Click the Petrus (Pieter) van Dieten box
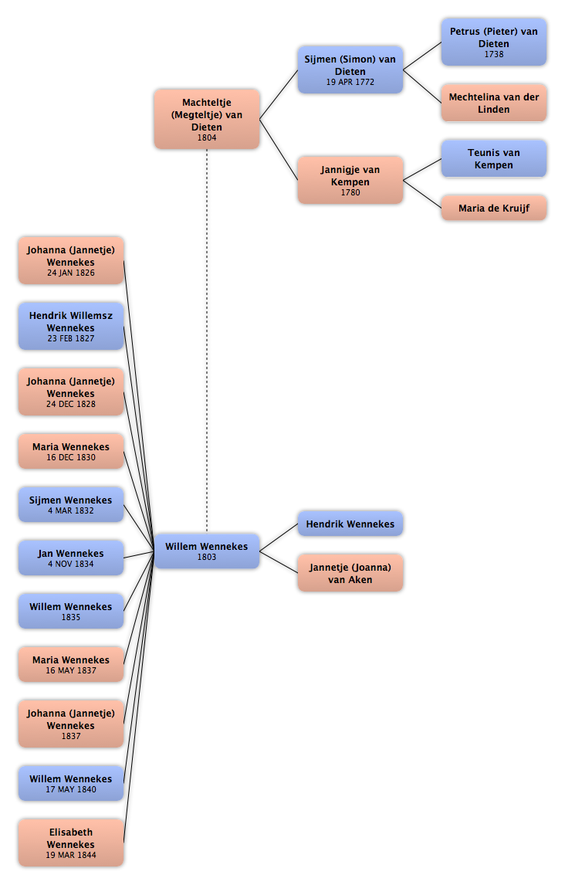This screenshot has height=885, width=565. click(493, 42)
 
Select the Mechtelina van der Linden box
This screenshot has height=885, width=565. click(493, 103)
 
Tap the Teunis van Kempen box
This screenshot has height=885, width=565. click(493, 158)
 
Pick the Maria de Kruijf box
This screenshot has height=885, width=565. click(493, 208)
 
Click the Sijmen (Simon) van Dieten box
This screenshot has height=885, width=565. click(350, 70)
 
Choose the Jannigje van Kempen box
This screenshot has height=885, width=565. click(350, 180)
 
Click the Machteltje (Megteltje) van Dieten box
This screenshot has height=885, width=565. click(207, 119)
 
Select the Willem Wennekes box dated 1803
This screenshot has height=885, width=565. click(207, 551)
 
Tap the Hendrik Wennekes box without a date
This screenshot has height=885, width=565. click(350, 524)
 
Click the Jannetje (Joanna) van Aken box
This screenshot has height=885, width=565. click(350, 573)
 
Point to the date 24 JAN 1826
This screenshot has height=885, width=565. click(71, 273)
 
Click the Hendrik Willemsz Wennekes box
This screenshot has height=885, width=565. click(71, 326)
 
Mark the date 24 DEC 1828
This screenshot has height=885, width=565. click(71, 404)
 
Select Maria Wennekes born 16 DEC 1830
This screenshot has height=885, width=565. click(71, 452)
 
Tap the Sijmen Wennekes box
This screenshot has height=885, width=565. click(71, 504)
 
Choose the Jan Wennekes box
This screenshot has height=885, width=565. click(71, 558)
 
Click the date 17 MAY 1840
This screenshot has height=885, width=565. click(71, 789)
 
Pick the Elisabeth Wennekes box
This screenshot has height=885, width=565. click(71, 843)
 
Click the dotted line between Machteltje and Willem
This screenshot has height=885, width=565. click(207, 341)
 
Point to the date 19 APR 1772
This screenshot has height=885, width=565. click(350, 82)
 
